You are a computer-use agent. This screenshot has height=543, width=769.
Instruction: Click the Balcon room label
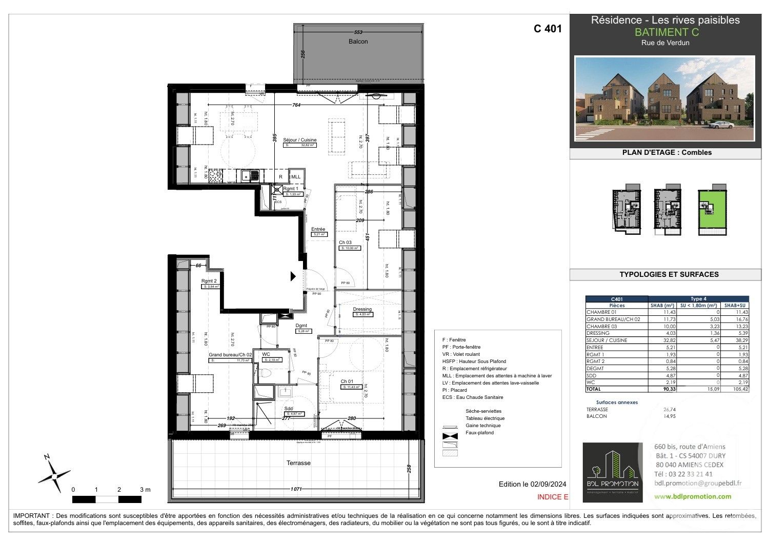(x=358, y=42)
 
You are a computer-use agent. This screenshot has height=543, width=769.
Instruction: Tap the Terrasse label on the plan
(x=298, y=463)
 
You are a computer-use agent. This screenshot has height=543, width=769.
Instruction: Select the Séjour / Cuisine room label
(x=300, y=140)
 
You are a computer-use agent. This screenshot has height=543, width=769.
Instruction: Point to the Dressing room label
(x=362, y=309)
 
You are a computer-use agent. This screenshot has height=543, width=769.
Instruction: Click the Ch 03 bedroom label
(x=345, y=243)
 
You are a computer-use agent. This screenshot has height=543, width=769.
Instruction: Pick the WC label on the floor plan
(x=266, y=354)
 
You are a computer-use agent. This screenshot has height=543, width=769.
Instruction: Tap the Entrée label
(x=318, y=229)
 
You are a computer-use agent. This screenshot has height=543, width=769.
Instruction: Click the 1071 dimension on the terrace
(x=295, y=489)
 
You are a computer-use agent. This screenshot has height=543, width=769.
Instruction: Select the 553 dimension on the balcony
(x=358, y=32)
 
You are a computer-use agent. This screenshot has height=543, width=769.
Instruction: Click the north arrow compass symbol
(x=53, y=475)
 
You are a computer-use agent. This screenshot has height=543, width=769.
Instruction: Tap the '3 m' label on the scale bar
(x=145, y=490)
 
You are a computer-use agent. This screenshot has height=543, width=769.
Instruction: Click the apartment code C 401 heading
(x=548, y=29)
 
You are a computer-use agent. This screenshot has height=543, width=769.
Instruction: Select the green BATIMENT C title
(x=666, y=32)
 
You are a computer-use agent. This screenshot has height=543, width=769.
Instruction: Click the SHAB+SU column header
(x=735, y=305)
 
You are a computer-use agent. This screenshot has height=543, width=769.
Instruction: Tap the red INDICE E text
(x=553, y=497)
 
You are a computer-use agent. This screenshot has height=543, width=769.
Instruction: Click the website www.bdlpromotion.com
(x=693, y=496)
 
